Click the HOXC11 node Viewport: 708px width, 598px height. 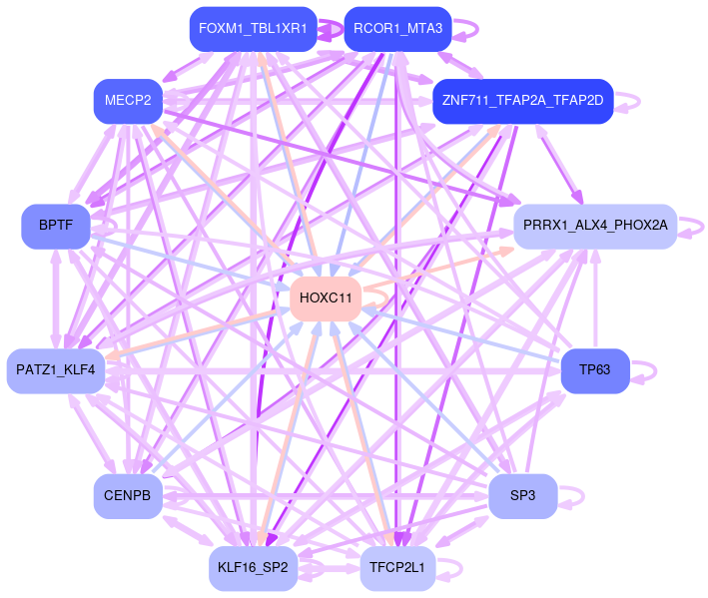(x=326, y=299)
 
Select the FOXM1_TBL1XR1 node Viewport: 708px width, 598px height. (x=253, y=28)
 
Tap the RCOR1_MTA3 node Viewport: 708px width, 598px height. (x=397, y=28)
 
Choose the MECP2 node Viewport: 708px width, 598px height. (x=128, y=100)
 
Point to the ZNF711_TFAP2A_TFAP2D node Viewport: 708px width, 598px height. (x=521, y=101)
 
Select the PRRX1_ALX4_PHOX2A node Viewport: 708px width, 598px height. (x=594, y=226)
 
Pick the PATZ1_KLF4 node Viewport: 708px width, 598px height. (x=56, y=370)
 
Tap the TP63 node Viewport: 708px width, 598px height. (x=594, y=370)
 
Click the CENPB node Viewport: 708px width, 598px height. (x=128, y=495)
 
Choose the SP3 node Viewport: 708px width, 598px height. (x=522, y=495)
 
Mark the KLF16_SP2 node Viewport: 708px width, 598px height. (x=253, y=568)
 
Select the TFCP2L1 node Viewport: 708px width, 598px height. (x=397, y=568)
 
